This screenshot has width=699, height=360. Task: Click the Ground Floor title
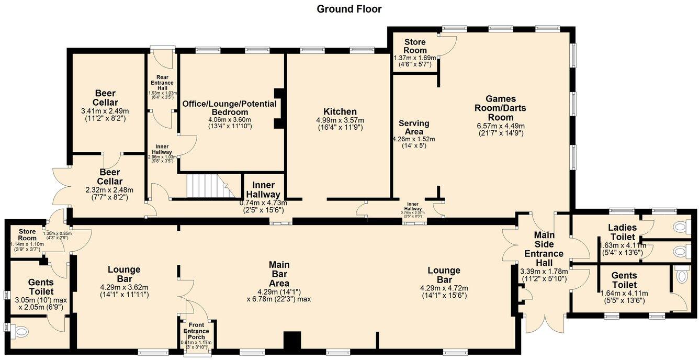point(349,9)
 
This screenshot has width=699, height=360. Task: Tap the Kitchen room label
point(340,111)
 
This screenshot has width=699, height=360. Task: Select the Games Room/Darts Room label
point(501,108)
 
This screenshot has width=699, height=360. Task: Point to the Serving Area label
point(414,127)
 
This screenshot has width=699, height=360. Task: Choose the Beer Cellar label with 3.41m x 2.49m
point(105,98)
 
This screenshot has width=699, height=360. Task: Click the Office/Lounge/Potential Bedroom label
point(229,108)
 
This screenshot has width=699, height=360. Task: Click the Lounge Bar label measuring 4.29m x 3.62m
point(124,274)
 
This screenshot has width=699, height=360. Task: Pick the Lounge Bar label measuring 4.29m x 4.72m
point(444,275)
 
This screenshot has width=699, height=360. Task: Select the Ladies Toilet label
point(622,232)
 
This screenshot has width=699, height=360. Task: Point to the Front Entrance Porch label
point(196,331)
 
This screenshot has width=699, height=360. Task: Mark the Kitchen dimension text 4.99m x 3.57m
point(340,120)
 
